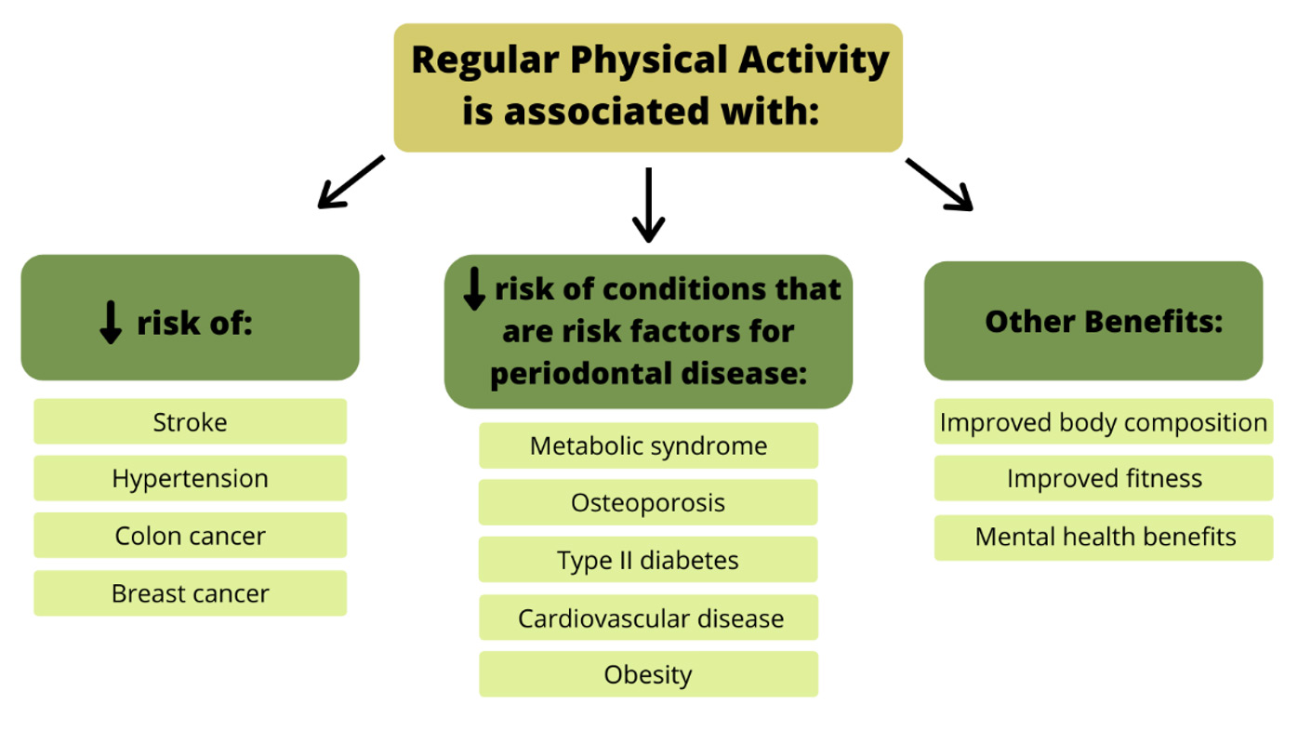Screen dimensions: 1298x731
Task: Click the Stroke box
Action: tap(190, 421)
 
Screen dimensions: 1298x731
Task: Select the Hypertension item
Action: tap(190, 478)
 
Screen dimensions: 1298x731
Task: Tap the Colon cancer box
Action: tap(190, 535)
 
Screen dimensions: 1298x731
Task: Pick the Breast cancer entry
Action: tap(190, 593)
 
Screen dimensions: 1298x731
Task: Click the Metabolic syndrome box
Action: tap(648, 445)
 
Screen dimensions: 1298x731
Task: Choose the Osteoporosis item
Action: tap(648, 502)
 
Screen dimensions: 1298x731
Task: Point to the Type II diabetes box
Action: tap(648, 559)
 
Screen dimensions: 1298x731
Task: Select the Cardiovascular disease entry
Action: tap(648, 618)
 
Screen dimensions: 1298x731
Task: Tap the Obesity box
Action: tap(648, 674)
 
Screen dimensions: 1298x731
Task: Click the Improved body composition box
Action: tap(1104, 421)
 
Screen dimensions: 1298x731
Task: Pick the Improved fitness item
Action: tap(1104, 478)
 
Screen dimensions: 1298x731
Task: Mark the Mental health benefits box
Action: tap(1104, 538)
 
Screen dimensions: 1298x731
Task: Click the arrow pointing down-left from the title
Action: tap(351, 182)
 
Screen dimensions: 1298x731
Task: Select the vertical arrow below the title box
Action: tap(648, 206)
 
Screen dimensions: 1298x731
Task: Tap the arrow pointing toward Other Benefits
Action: tap(940, 184)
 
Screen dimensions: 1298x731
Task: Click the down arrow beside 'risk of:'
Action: tap(111, 323)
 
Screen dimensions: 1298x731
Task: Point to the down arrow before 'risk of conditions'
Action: tap(474, 288)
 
